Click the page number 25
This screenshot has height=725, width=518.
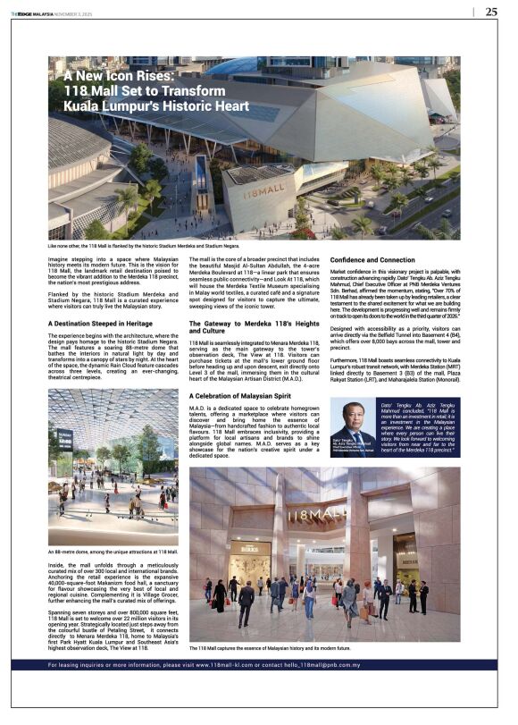(491, 12)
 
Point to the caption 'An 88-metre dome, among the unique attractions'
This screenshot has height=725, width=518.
(113, 553)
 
